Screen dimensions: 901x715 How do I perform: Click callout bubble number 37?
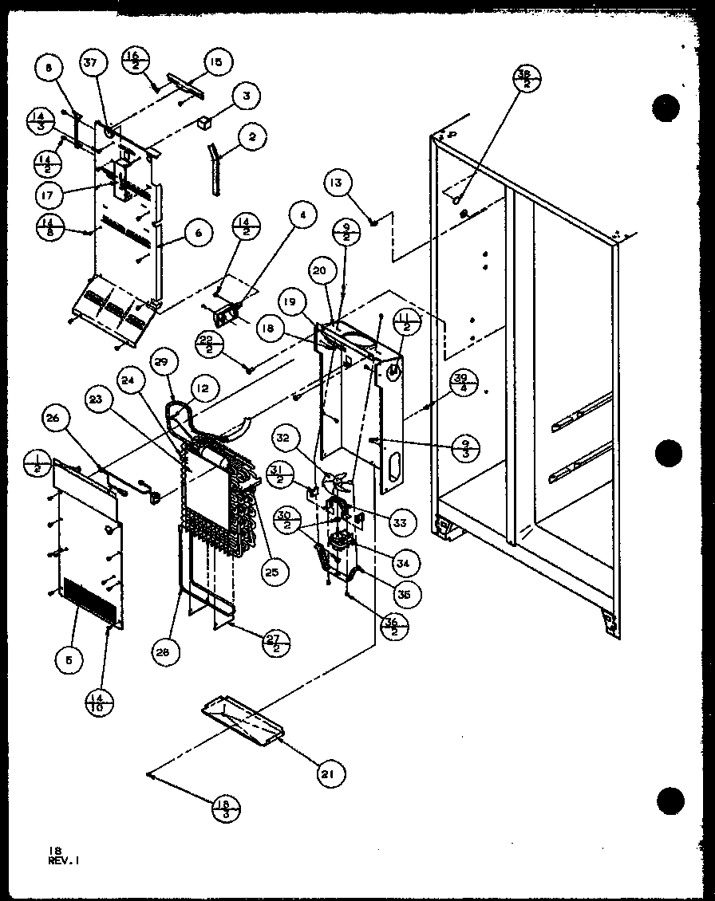93,65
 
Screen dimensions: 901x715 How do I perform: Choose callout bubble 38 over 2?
526,81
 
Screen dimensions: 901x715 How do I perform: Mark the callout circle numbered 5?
66,659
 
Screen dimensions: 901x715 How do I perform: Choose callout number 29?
161,363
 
